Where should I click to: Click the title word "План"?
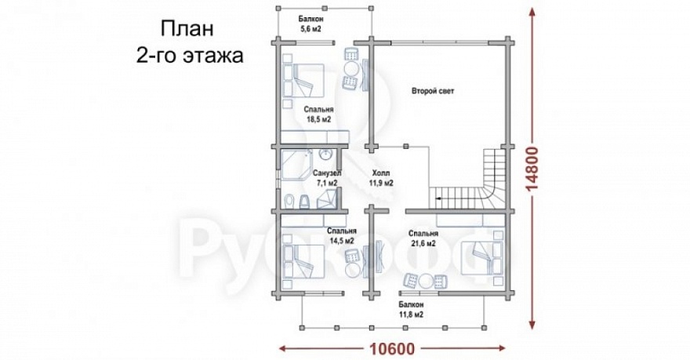coord(186,31)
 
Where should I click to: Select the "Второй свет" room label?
coord(433,92)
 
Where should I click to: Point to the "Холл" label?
coord(380,173)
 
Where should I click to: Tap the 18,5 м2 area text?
coord(318,120)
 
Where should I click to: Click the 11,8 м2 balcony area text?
coord(411,314)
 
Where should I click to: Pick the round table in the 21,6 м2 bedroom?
coord(425,281)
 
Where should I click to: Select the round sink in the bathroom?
coord(329,155)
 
